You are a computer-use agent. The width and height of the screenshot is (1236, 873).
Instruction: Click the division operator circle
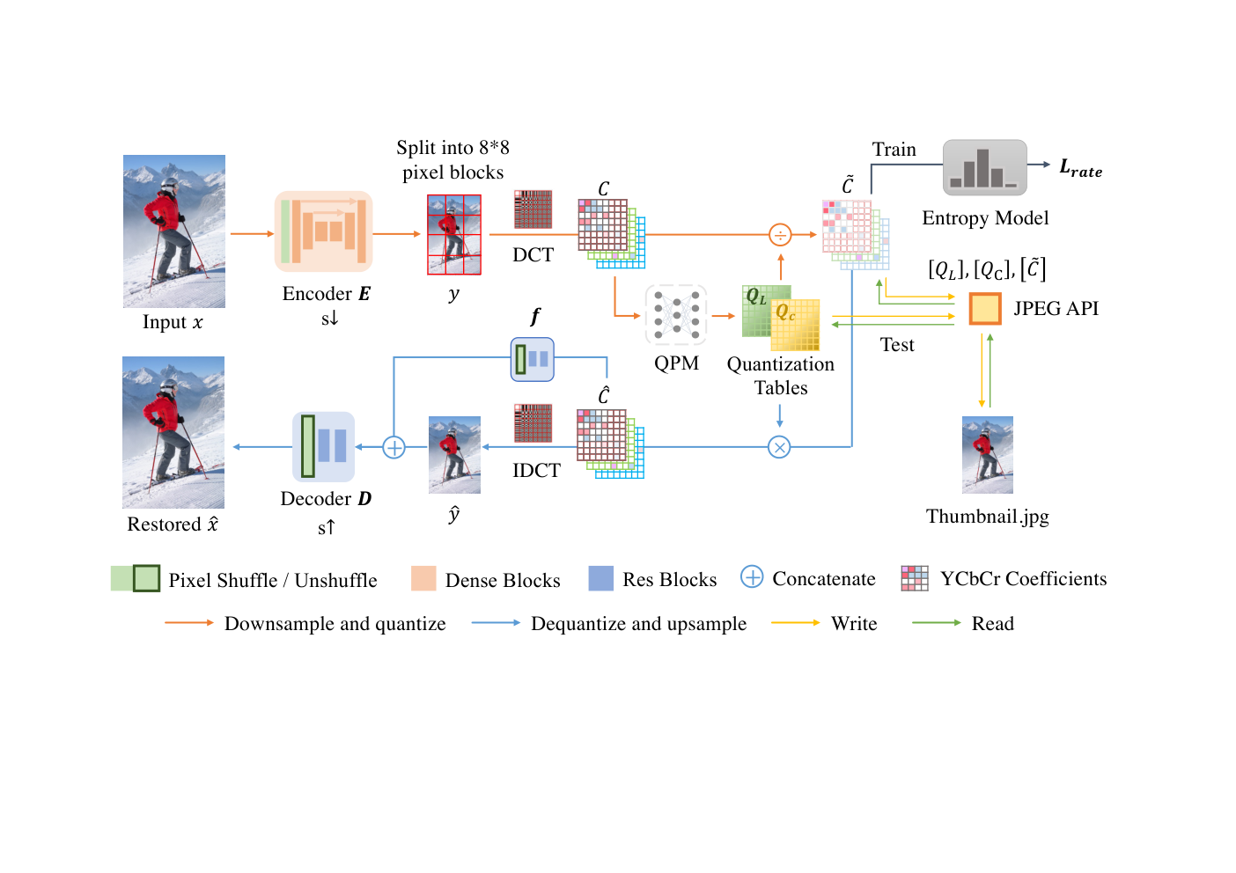780,235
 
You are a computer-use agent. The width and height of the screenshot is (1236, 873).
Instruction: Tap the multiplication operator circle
779,447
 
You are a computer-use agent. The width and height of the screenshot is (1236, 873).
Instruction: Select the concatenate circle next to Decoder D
394,447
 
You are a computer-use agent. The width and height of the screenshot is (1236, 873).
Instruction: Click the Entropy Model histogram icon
985,168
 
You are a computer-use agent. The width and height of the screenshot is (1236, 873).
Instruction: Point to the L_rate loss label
1081,168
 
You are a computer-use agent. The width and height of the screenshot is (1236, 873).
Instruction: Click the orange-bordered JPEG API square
985,308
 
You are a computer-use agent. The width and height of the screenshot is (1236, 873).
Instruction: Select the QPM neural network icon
676,315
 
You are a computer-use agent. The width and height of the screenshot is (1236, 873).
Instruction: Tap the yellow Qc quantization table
795,326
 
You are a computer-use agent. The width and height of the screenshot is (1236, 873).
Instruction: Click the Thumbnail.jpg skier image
988,455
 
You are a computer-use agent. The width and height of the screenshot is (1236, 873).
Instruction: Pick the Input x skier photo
174,231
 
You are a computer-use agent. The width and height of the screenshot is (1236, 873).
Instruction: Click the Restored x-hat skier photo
173,432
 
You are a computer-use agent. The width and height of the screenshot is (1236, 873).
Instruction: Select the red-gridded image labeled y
454,234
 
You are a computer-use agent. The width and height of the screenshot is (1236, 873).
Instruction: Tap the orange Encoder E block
324,231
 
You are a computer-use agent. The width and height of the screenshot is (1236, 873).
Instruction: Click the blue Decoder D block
323,447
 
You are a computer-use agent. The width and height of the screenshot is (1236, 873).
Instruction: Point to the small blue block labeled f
533,360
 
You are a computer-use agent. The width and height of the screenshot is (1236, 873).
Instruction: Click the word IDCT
536,471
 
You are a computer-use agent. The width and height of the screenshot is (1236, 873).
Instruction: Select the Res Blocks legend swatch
601,578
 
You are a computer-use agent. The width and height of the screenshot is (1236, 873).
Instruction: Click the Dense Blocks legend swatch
423,578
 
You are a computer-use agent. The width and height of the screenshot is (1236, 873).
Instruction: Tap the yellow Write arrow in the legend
796,622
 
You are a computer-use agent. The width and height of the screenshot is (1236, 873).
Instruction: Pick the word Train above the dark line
894,150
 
